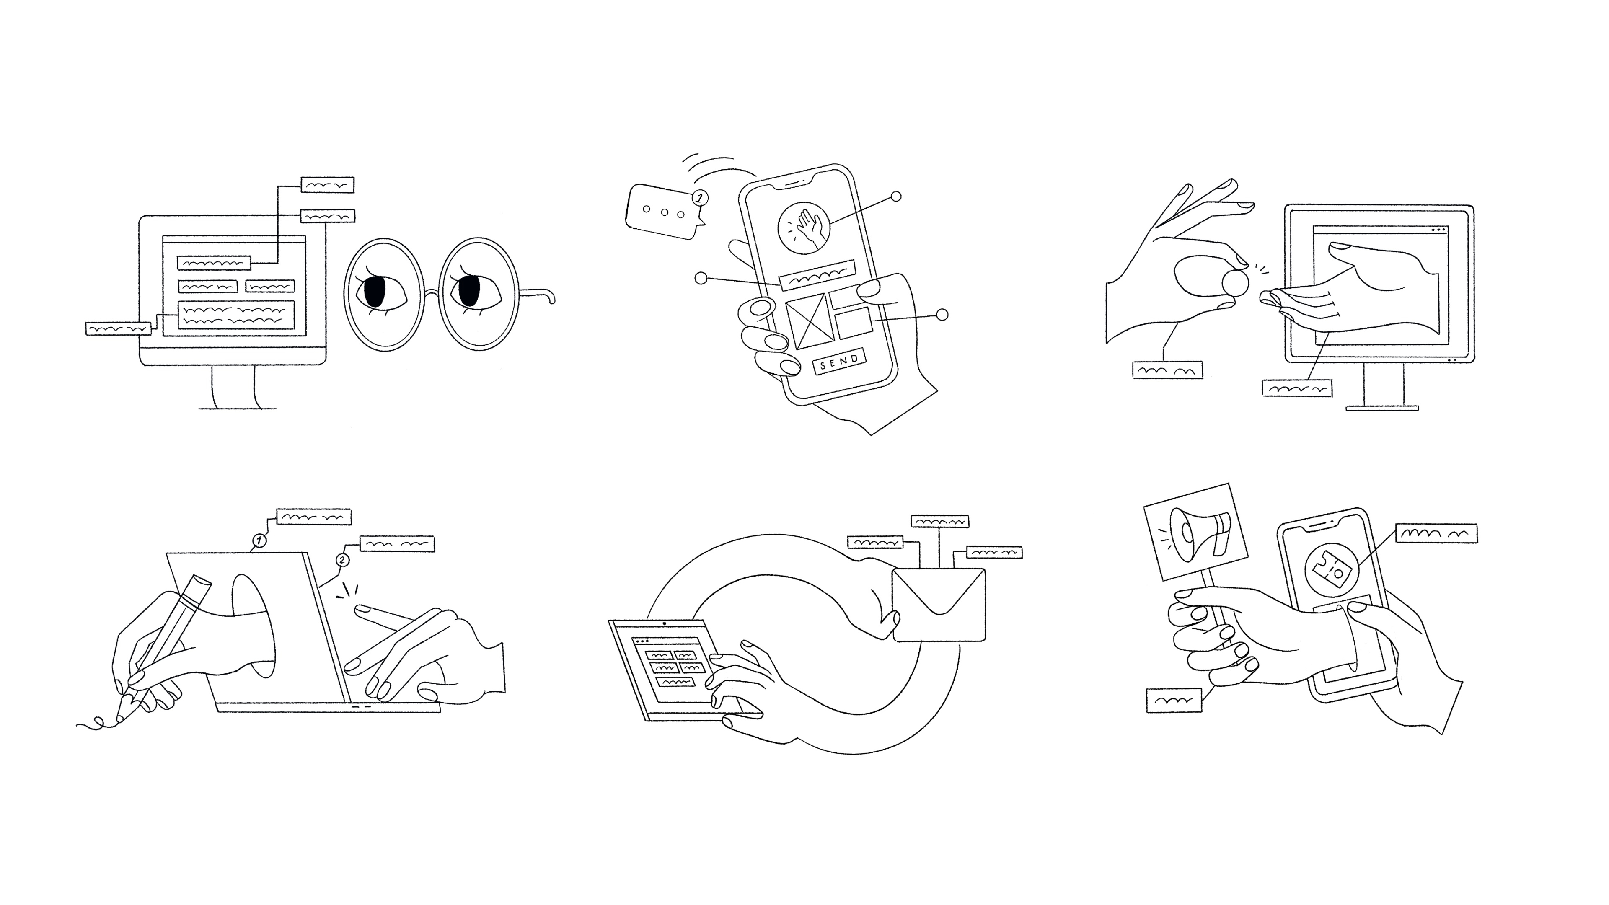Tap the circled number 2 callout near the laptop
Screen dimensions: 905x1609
342,560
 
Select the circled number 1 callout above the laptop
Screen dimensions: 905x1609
259,540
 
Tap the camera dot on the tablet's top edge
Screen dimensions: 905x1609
665,623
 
